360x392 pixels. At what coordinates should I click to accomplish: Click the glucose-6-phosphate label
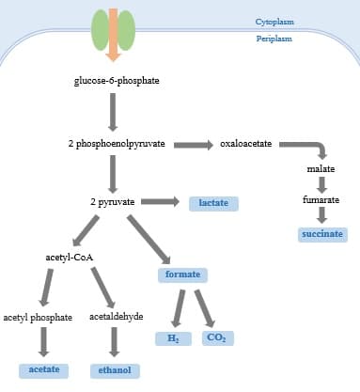(x=113, y=81)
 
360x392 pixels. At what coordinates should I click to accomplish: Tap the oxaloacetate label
(x=245, y=144)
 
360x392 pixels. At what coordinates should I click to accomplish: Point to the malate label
(x=321, y=168)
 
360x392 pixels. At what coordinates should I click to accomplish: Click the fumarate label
(x=321, y=200)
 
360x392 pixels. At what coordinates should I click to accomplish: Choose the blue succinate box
(x=321, y=233)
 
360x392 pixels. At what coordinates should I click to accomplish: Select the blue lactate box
(x=213, y=203)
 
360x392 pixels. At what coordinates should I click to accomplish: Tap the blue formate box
(x=182, y=274)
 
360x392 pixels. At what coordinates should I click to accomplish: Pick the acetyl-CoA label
(x=69, y=257)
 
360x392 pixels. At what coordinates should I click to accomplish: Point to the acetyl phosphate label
(x=38, y=318)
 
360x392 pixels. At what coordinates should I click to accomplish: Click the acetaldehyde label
(x=117, y=317)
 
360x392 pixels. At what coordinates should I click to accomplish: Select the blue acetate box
(x=44, y=369)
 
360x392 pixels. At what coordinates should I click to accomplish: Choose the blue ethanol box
(x=115, y=370)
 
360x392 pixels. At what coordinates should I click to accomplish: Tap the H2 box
(x=173, y=337)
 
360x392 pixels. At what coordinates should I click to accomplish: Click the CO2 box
(x=217, y=337)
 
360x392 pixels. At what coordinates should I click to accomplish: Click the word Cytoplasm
(x=274, y=21)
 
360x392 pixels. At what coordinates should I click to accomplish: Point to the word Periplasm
(x=274, y=39)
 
